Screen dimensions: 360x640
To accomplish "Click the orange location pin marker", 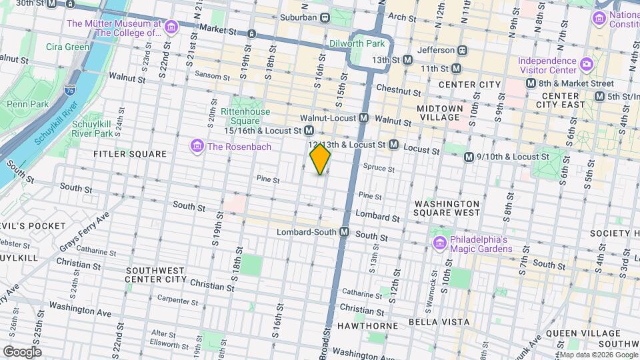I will pos(320,159).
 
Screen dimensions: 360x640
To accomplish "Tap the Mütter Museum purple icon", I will pos(172,27).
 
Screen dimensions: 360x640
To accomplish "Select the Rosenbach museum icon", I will pos(197,147).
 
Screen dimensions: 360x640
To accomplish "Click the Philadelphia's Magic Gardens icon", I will pos(439,244).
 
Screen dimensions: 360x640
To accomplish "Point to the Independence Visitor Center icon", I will pos(587,65).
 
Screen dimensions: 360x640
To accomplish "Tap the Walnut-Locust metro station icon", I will pos(364,117).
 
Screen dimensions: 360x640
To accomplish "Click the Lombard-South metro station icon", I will pos(345,231).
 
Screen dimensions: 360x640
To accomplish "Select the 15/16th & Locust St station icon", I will pos(309,131).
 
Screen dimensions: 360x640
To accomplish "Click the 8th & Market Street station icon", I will pos(531,83).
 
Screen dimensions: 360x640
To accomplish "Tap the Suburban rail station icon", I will pos(325,17).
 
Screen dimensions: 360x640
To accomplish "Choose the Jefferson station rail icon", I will pos(461,50).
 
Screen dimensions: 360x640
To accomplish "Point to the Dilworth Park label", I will pos(357,44).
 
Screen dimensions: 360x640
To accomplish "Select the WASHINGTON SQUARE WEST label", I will pos(447,208).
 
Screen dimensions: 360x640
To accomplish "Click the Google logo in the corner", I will pos(22,351).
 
